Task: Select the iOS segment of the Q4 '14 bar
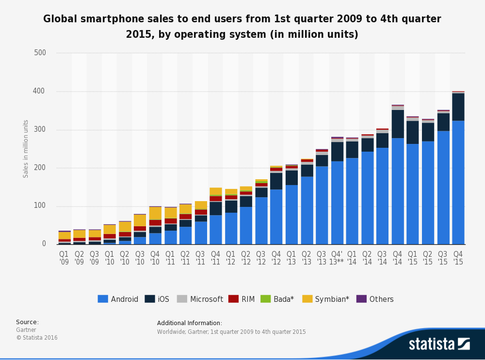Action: (x=398, y=124)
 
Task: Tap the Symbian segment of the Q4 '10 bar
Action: (x=155, y=213)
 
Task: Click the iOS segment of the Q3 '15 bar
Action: (x=443, y=122)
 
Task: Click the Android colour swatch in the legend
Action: (x=102, y=299)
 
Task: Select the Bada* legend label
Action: (x=284, y=299)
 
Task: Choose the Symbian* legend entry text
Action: (x=332, y=299)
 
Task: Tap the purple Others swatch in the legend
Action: (x=361, y=299)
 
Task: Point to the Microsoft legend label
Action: (x=207, y=299)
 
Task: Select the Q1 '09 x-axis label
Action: (x=64, y=258)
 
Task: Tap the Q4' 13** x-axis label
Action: (x=337, y=258)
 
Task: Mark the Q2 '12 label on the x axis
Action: (x=246, y=258)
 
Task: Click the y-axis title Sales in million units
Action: (x=26, y=149)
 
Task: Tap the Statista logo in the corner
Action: (x=439, y=344)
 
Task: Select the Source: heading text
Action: (x=27, y=322)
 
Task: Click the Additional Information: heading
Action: (x=190, y=323)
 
